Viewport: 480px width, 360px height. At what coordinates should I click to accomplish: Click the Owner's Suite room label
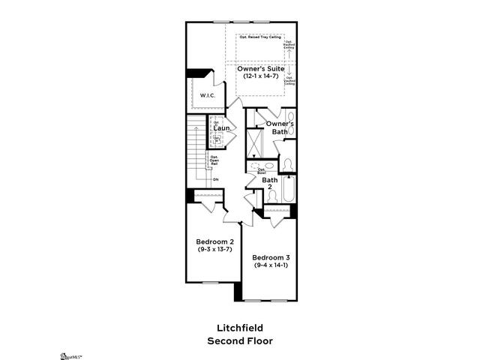click(x=262, y=70)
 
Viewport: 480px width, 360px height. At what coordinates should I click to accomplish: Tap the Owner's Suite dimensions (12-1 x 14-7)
click(x=262, y=77)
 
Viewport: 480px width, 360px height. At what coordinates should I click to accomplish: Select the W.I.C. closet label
click(x=208, y=95)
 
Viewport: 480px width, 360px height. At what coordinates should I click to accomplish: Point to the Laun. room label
click(x=220, y=128)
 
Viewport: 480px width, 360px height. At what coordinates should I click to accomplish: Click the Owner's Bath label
click(x=280, y=127)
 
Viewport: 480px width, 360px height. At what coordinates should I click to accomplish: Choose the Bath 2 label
click(x=270, y=183)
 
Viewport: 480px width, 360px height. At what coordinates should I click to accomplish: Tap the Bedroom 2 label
click(x=215, y=241)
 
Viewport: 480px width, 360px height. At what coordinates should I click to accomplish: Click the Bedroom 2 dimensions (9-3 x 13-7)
click(x=215, y=249)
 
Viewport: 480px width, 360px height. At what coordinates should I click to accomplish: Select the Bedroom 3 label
click(x=271, y=257)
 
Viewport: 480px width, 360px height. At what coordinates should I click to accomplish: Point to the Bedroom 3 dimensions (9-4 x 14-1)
click(x=271, y=265)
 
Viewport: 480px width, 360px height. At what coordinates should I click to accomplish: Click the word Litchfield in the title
click(x=240, y=328)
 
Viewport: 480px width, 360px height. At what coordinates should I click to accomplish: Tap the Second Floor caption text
click(x=240, y=340)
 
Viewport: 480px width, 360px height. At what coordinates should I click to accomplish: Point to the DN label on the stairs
click(x=215, y=179)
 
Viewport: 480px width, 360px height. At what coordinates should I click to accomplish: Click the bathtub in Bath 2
click(x=289, y=187)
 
